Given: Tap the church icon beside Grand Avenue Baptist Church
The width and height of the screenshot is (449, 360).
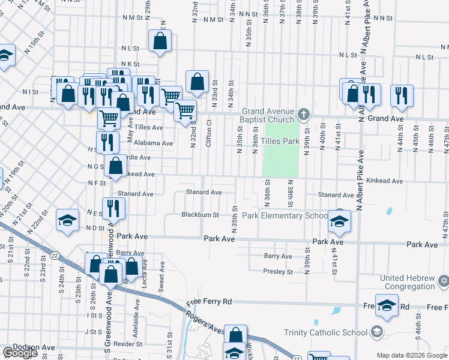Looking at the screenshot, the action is tap(304, 113).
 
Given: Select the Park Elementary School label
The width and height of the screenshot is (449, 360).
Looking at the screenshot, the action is tap(285, 215).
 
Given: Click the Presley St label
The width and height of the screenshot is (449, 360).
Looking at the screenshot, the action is tap(278, 272).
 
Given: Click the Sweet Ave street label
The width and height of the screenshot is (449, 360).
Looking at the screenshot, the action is tap(161, 277).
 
